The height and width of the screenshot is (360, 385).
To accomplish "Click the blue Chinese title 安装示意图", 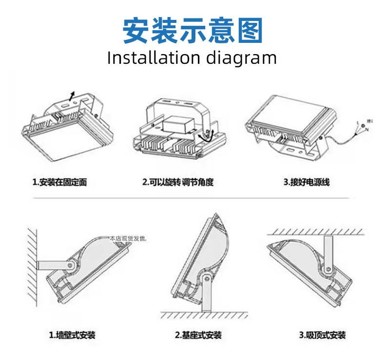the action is point(192,30).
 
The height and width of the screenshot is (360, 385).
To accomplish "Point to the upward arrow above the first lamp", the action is point(72,95).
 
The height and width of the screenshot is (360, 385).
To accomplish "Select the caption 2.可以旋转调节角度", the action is point(178,183).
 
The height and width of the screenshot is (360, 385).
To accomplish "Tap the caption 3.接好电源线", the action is point(307,183).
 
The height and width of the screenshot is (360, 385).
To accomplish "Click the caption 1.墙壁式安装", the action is point(72,335).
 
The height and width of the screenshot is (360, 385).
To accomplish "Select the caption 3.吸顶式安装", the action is point(323,335).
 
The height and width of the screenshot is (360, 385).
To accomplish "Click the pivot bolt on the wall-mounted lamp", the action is point(71,266).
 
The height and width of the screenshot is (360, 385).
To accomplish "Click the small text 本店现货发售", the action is point(128,239).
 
